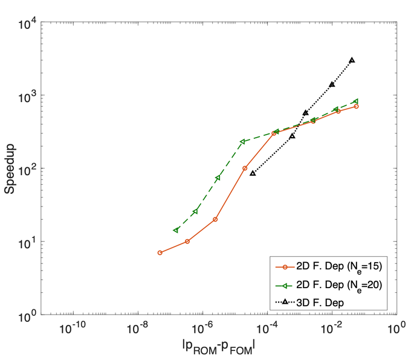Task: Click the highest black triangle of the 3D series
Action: point(352,60)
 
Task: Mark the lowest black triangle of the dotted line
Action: point(253,173)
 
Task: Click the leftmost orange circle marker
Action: point(160,252)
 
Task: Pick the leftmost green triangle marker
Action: point(176,230)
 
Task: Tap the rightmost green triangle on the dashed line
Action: point(356,101)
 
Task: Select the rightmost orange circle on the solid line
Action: point(357,106)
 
